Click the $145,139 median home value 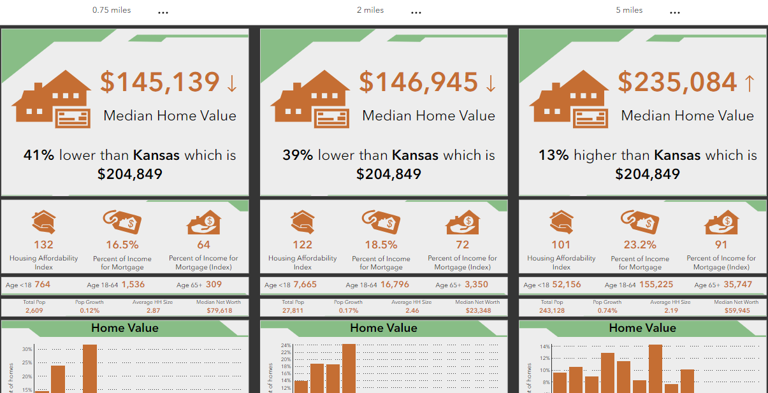159,83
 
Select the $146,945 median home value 418,83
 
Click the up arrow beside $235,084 749,83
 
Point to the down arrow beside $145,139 231,83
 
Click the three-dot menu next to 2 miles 416,13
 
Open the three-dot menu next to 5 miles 675,13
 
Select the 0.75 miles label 112,10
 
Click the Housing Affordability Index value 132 44,245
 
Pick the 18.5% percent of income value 381,245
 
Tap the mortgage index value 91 721,245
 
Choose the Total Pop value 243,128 552,311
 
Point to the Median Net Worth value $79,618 219,311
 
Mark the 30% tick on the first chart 27,349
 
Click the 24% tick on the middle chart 286,346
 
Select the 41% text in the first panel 39,155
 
